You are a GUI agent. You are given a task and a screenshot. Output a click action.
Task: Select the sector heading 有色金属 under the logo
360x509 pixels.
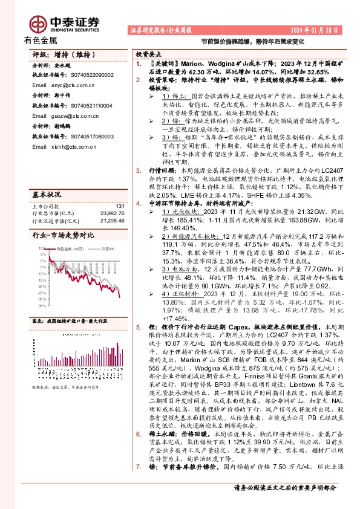[x=41, y=41]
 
